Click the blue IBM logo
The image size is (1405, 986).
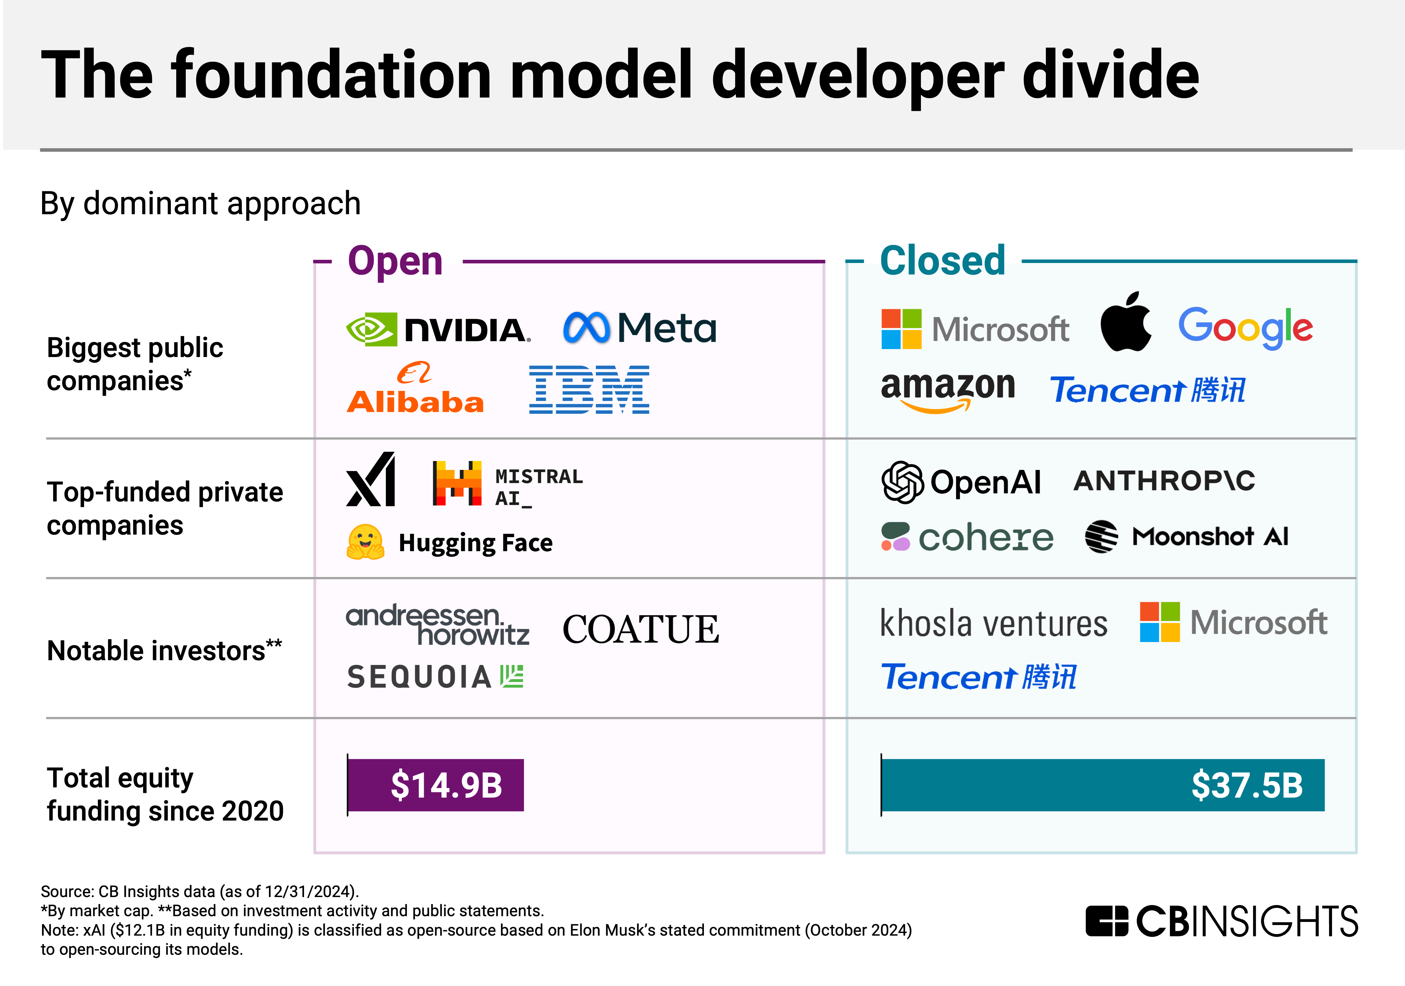(589, 390)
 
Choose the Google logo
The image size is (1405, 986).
(1245, 328)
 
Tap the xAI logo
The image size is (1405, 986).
(371, 480)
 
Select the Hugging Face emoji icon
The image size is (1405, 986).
(365, 542)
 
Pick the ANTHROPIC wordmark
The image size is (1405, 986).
(1164, 481)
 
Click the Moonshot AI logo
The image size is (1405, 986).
(1186, 537)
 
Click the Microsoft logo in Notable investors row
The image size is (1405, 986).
(1233, 623)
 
